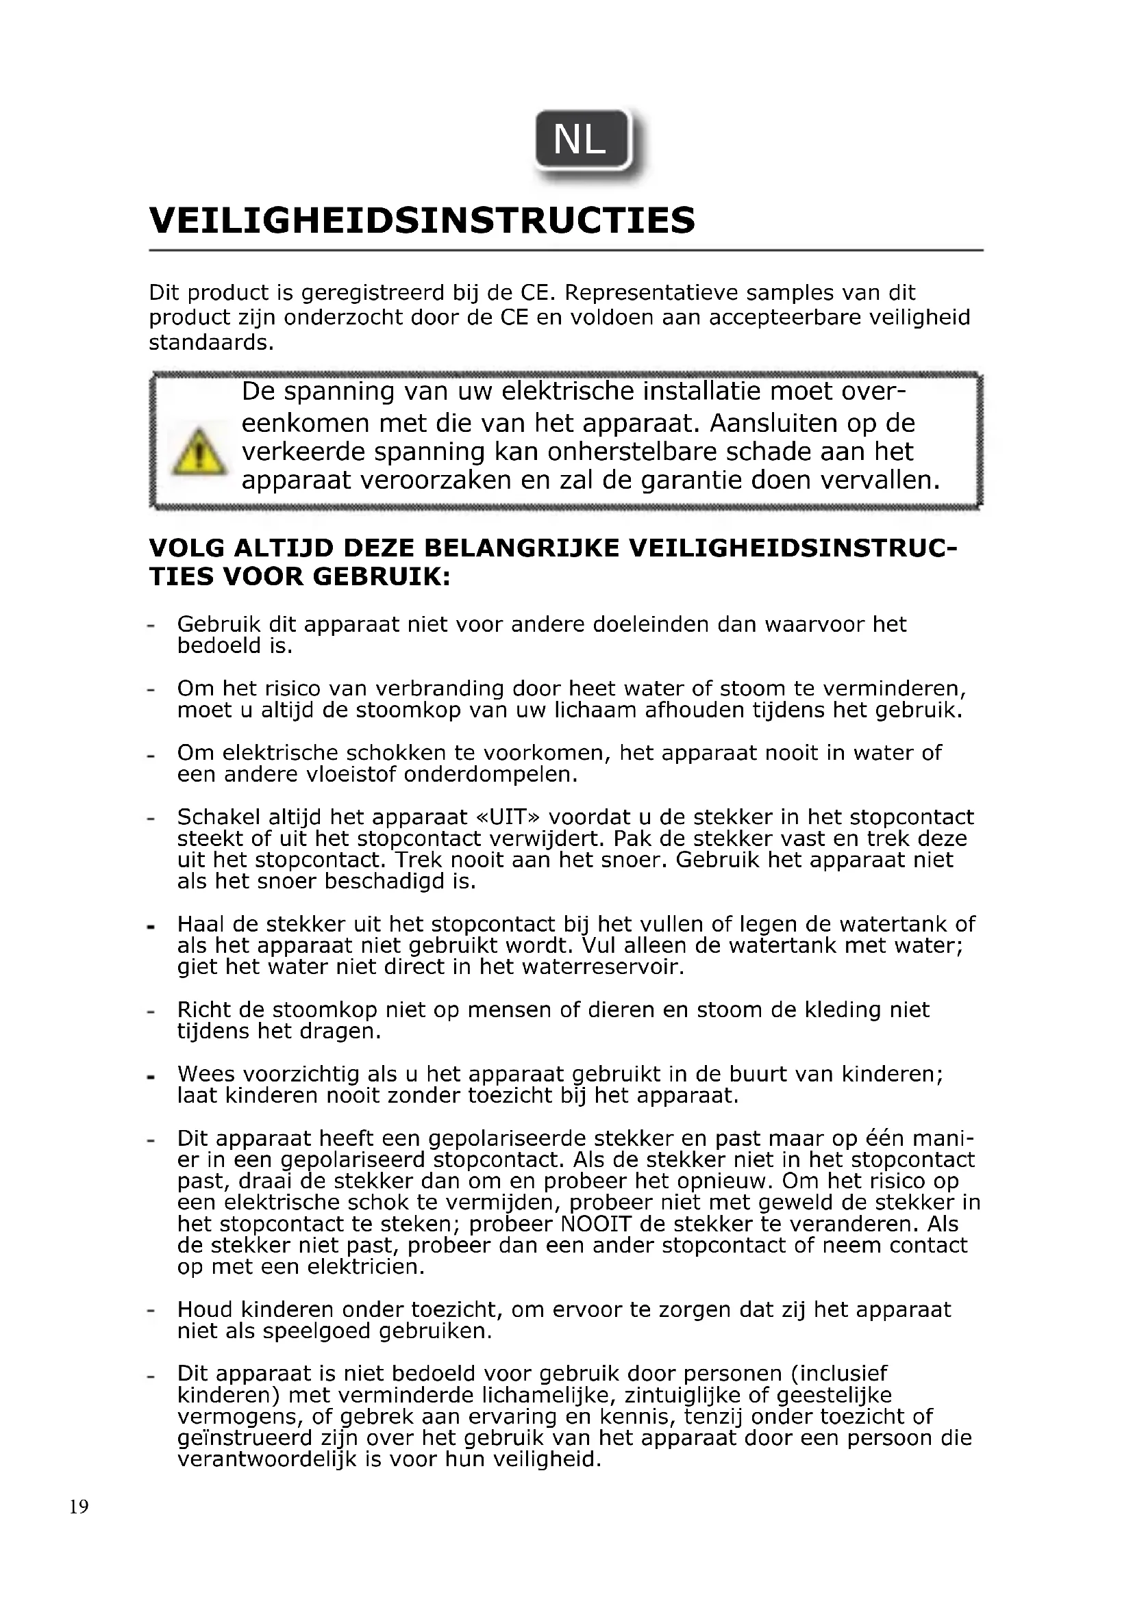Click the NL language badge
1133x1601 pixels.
point(581,140)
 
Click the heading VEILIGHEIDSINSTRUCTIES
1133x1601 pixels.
point(422,220)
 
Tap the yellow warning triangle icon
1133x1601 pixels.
point(199,452)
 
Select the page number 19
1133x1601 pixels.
point(79,1507)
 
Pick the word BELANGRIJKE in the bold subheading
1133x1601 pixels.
point(522,548)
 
